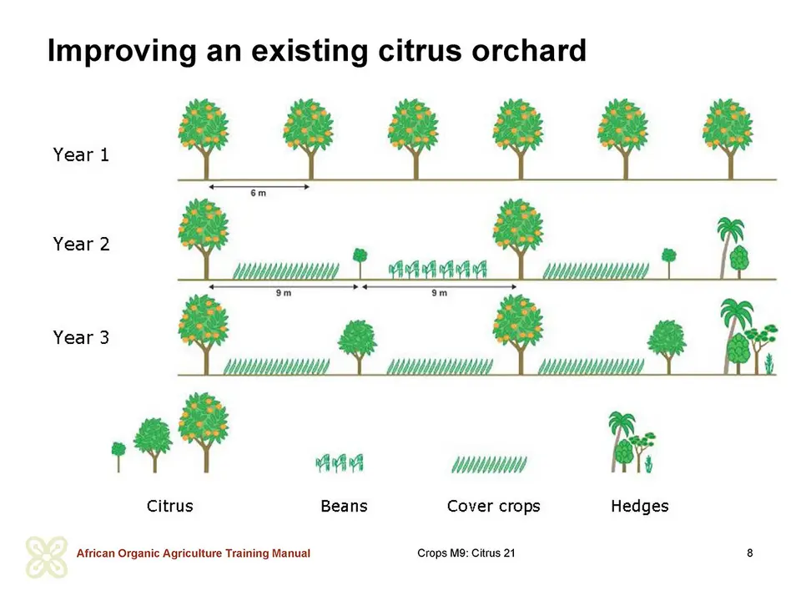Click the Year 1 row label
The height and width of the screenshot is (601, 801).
click(x=81, y=154)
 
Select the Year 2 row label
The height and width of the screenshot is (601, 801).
click(x=81, y=244)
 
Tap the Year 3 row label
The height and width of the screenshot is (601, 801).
click(x=81, y=337)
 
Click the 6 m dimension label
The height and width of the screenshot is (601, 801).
click(x=258, y=193)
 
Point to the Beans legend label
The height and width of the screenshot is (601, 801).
click(x=344, y=506)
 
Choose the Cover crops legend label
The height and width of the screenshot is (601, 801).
click(x=493, y=506)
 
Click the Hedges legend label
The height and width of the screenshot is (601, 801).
click(x=640, y=506)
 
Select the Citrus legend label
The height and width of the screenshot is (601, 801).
click(x=169, y=506)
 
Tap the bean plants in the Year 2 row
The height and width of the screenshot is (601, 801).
click(x=438, y=269)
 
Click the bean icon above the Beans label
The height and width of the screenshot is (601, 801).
click(x=340, y=463)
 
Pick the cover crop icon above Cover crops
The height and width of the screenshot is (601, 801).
click(x=489, y=464)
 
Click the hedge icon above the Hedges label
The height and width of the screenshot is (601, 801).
click(x=632, y=442)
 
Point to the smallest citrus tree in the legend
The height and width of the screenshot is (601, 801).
click(x=118, y=457)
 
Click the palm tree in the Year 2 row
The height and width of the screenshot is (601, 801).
click(x=729, y=246)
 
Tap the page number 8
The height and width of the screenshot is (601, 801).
click(x=750, y=553)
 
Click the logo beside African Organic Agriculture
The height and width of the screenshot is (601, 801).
click(x=47, y=557)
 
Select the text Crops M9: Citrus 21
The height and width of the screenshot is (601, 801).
click(x=466, y=553)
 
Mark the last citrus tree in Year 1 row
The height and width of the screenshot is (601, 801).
click(x=728, y=139)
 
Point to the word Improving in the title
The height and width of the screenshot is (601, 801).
click(x=122, y=52)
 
